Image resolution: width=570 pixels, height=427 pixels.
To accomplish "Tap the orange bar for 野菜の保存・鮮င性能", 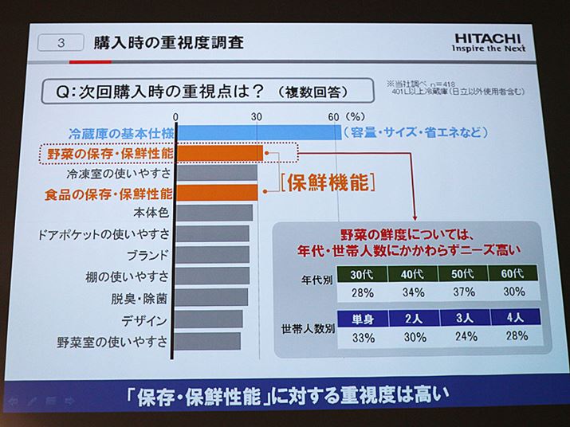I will (x=220, y=152).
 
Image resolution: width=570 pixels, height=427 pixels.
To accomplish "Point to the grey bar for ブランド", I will (x=212, y=256).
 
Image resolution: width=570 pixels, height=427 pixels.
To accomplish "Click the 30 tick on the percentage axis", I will (x=257, y=116).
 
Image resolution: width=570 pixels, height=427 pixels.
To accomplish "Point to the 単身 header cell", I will (x=363, y=319).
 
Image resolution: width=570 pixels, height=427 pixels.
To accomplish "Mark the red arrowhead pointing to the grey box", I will (x=414, y=217).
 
